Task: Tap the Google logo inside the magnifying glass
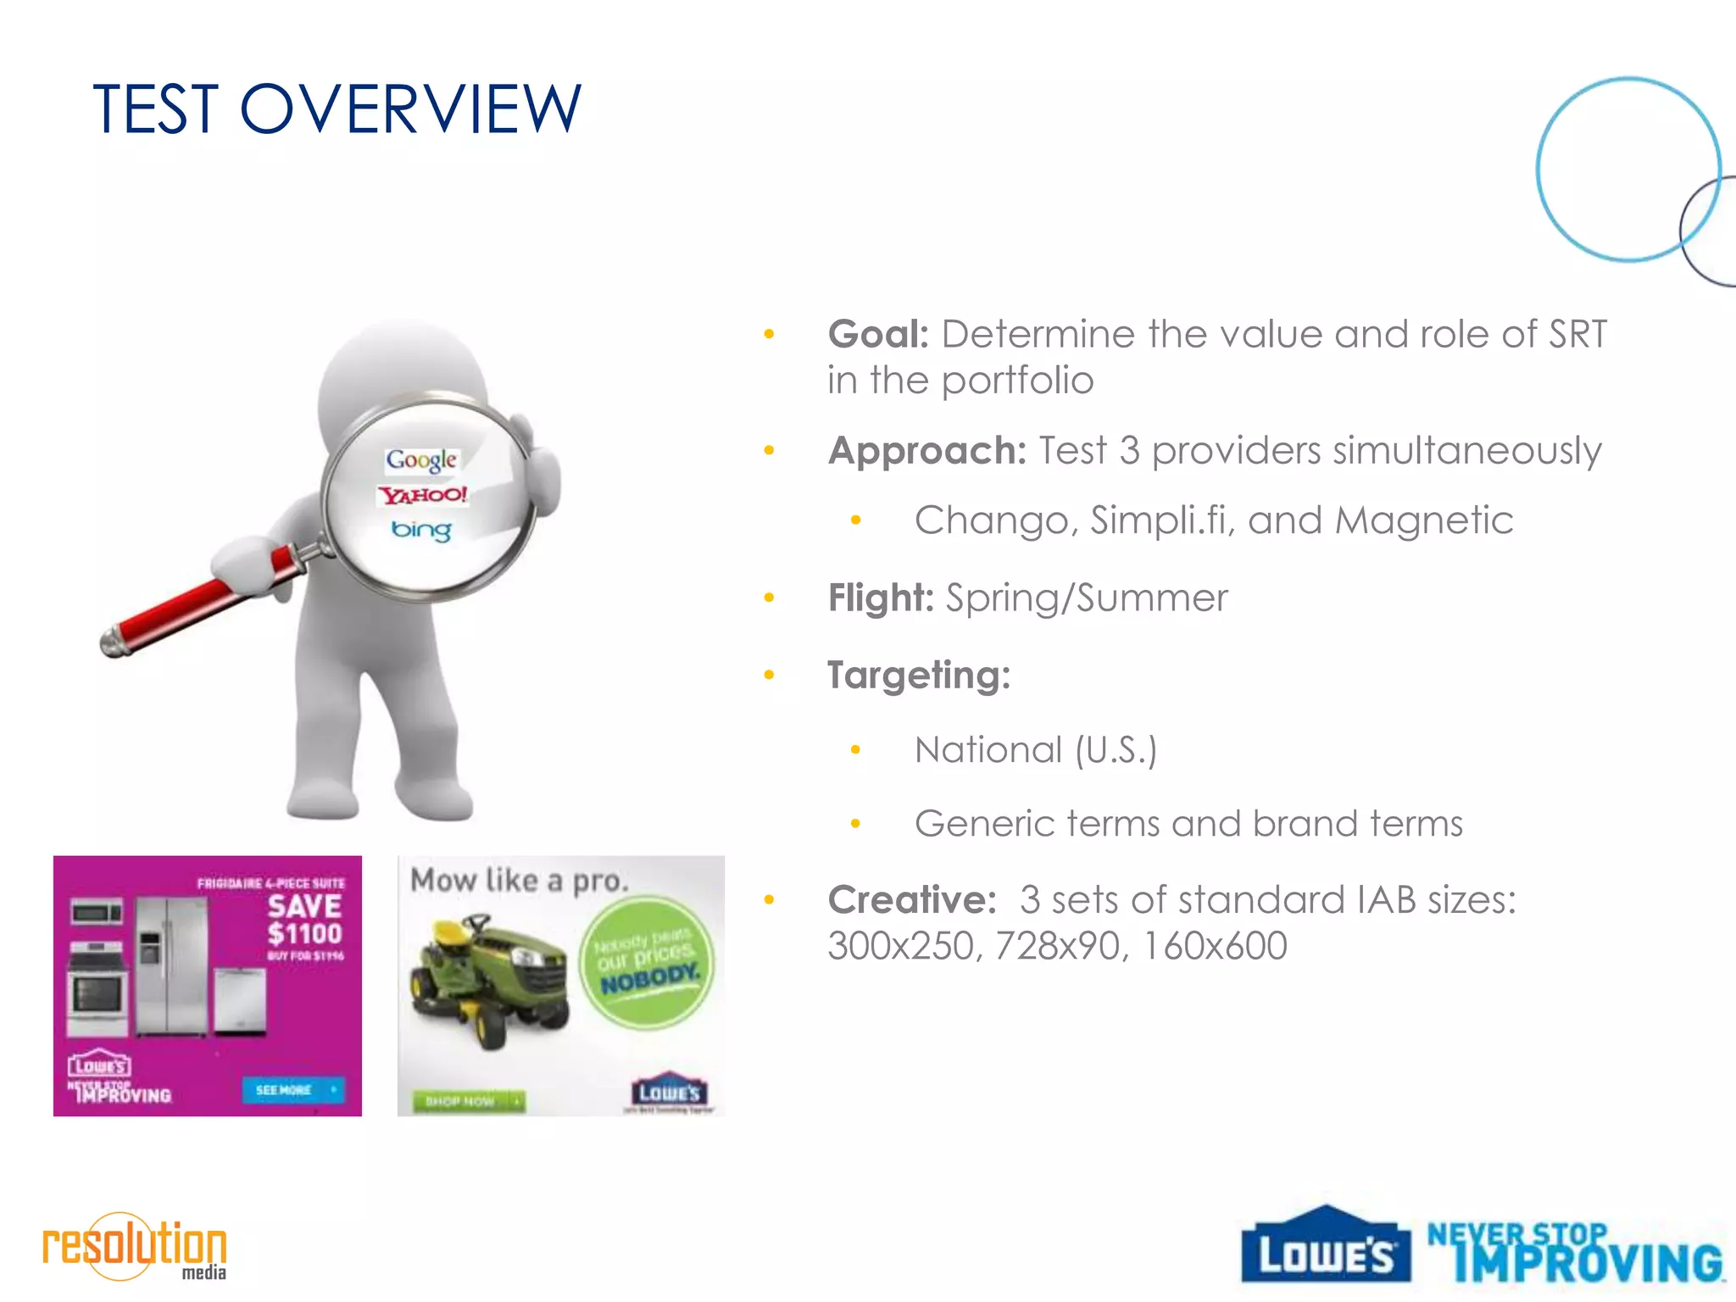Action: point(421,459)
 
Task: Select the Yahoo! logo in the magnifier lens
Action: point(422,495)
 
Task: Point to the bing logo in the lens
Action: point(420,531)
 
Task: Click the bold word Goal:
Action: point(878,334)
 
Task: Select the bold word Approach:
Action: point(927,450)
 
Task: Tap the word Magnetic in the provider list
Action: point(1424,520)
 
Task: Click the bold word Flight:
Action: point(880,598)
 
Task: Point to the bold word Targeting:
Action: point(919,676)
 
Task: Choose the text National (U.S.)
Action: point(1036,750)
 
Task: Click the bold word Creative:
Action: point(912,899)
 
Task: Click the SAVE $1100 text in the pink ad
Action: point(304,920)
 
